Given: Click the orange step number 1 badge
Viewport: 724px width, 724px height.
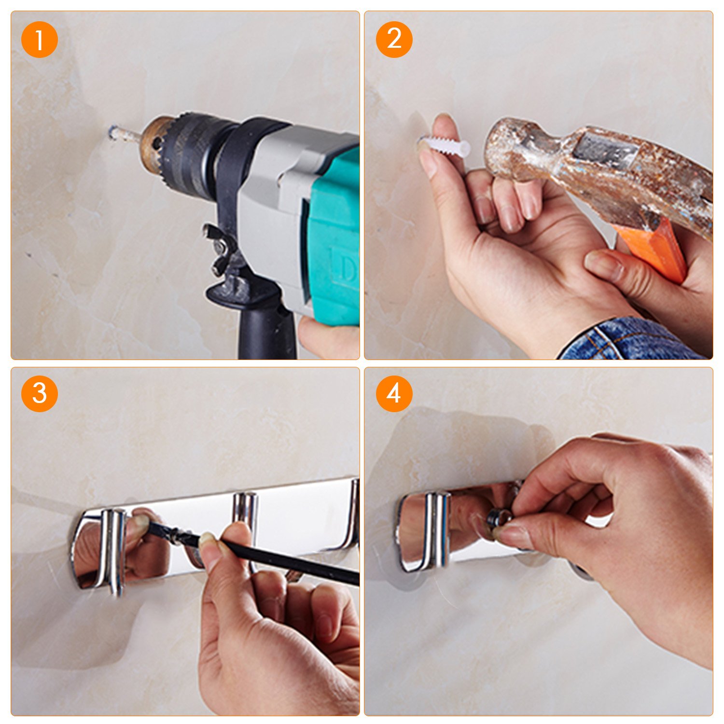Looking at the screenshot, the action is coord(40,40).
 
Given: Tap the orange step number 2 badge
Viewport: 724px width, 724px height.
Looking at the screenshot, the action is coord(394,40).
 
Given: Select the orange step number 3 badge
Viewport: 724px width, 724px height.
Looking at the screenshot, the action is coord(40,394).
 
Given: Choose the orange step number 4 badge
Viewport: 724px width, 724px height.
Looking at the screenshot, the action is coord(394,394).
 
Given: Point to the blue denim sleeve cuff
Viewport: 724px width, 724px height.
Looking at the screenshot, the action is coord(627,340).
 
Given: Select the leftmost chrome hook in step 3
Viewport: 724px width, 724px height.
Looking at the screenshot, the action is coord(111,550).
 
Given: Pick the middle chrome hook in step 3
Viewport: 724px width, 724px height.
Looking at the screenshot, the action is coord(245,516).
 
